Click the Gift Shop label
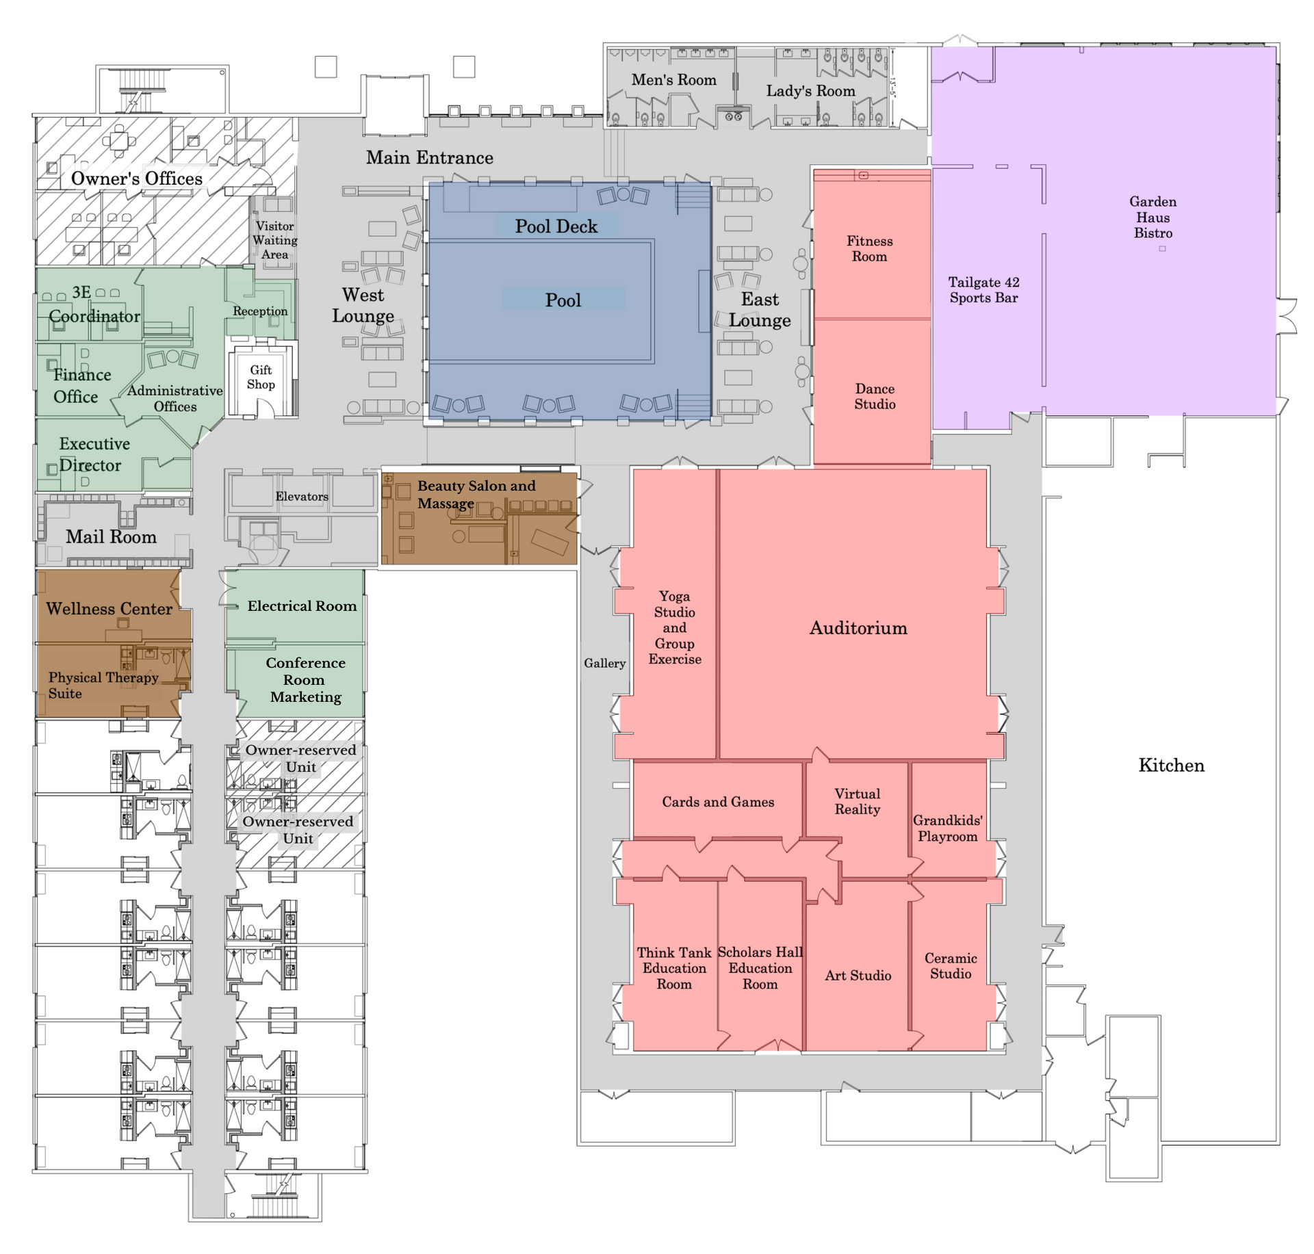pyautogui.click(x=261, y=377)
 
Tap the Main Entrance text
pyautogui.click(x=429, y=157)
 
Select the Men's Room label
pyautogui.click(x=673, y=80)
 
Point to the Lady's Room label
pyautogui.click(x=810, y=91)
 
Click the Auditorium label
pyautogui.click(x=858, y=628)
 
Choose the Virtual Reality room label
pyautogui.click(x=858, y=801)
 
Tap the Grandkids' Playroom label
pyautogui.click(x=948, y=828)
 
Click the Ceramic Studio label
pyautogui.click(x=951, y=965)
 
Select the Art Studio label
pyautogui.click(x=858, y=976)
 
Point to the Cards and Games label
pyautogui.click(x=718, y=802)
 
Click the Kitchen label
pyautogui.click(x=1171, y=765)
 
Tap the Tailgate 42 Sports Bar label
pyautogui.click(x=983, y=289)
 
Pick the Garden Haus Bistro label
pyautogui.click(x=1152, y=217)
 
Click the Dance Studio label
pyautogui.click(x=875, y=396)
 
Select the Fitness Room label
pyautogui.click(x=869, y=248)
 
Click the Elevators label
pyautogui.click(x=302, y=496)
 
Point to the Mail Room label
pyautogui.click(x=111, y=536)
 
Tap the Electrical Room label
pyautogui.click(x=302, y=605)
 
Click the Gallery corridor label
pyautogui.click(x=604, y=663)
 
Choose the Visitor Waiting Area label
pyautogui.click(x=274, y=240)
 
